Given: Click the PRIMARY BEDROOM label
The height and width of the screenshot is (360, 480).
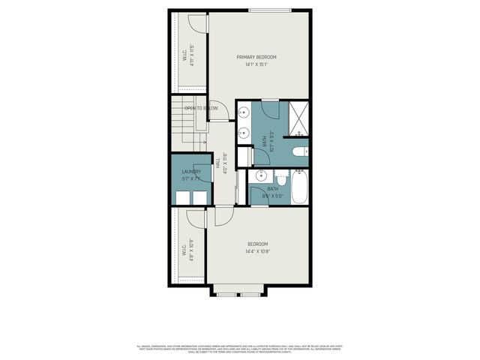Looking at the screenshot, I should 256,57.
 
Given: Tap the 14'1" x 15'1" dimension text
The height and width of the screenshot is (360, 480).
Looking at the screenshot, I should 256,65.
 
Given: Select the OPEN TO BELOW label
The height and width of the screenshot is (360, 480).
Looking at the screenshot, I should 201,108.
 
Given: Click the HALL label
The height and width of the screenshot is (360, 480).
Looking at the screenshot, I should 218,162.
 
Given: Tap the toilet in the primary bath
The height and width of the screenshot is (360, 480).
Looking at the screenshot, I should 299,153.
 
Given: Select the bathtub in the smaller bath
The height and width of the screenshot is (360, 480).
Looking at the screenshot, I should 299,187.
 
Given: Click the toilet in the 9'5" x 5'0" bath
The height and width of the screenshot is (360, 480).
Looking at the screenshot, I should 280,179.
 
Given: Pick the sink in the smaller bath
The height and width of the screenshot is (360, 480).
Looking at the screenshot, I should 259,176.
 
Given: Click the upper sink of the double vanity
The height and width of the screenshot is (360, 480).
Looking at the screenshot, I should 244,114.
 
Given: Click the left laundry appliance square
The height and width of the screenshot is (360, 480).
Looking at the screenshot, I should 181,196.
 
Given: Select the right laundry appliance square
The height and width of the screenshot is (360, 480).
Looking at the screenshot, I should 199,196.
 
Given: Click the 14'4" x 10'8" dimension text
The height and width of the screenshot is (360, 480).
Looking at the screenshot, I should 257,251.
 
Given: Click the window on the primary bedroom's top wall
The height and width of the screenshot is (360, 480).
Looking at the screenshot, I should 270,10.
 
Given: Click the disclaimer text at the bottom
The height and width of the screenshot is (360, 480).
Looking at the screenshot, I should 239,349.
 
